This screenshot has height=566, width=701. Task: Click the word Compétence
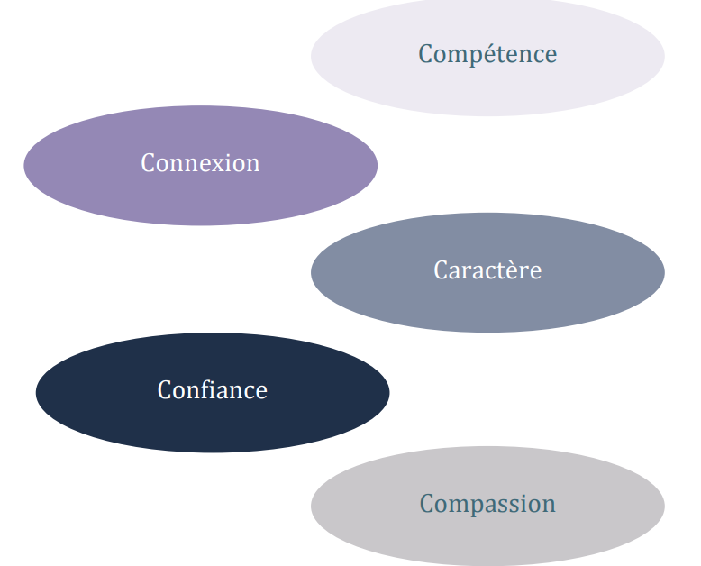click(487, 54)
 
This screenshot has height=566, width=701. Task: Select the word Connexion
click(200, 163)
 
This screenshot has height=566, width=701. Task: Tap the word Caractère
click(487, 269)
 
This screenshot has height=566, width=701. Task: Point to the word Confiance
click(213, 390)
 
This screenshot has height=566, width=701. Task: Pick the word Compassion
click(487, 503)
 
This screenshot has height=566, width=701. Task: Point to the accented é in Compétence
click(482, 54)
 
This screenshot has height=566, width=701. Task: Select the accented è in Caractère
click(514, 269)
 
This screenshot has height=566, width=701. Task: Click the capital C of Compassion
click(428, 503)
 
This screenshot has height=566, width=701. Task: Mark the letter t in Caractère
click(504, 269)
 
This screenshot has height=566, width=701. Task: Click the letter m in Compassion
click(455, 504)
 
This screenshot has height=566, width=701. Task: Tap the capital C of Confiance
click(165, 390)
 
